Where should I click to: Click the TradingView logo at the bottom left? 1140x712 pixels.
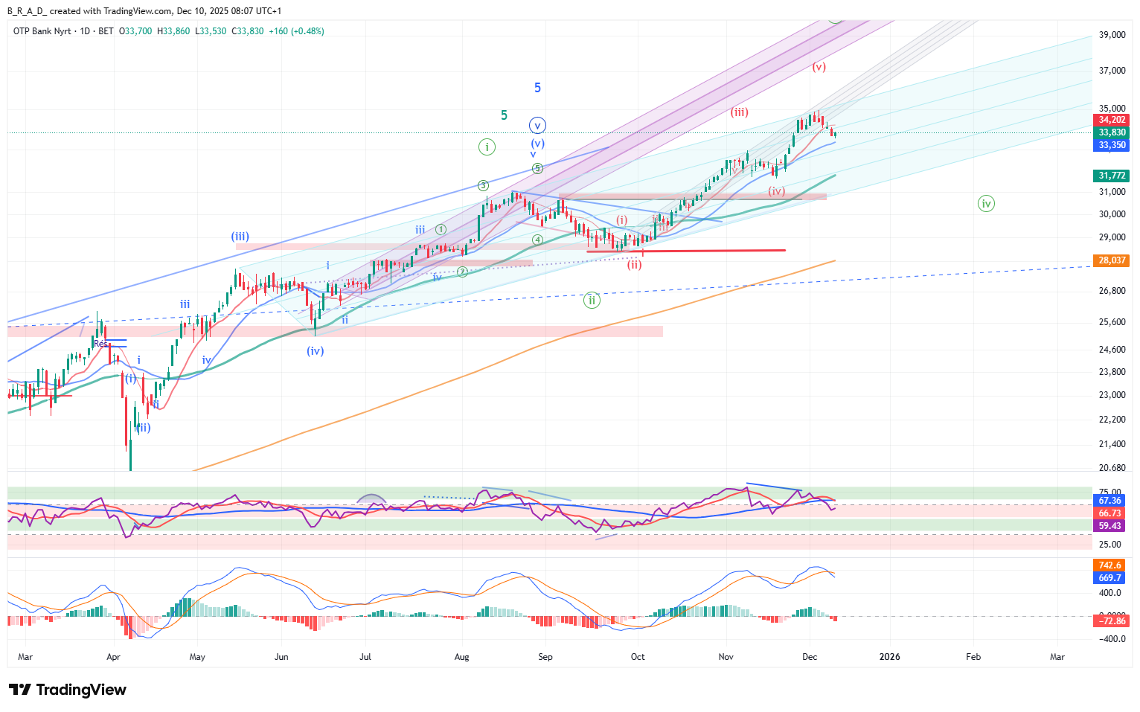point(68,690)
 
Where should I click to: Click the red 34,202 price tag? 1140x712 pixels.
point(1112,120)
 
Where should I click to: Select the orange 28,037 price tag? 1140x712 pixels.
point(1112,260)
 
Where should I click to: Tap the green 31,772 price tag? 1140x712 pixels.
point(1112,176)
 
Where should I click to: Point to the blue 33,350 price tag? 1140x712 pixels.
point(1112,145)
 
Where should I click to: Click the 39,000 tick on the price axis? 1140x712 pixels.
point(1112,35)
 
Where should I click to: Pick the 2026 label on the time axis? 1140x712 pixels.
point(889,657)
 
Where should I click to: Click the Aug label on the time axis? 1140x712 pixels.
point(462,657)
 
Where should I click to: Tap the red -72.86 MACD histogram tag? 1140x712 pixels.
point(1112,620)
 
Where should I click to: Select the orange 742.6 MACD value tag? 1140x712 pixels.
point(1109,565)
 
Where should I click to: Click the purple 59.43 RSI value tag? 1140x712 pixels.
point(1109,526)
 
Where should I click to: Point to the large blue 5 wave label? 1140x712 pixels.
point(537,88)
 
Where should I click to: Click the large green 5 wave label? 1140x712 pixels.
point(504,115)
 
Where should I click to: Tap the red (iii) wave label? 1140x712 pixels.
point(739,112)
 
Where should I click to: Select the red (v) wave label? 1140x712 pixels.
point(819,67)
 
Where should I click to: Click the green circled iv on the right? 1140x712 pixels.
point(986,203)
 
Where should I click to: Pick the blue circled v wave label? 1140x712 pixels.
point(537,126)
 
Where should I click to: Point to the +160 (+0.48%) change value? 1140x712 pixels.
point(296,31)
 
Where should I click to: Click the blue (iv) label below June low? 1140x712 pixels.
point(316,350)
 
